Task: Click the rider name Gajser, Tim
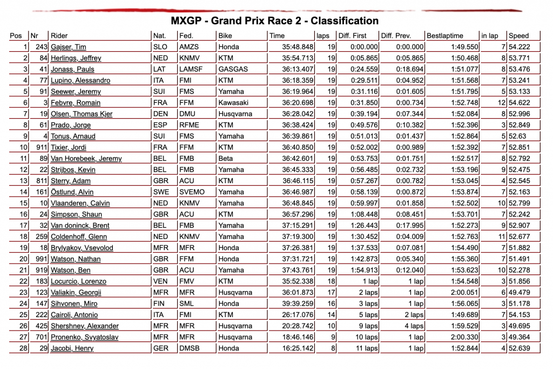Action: tap(68, 47)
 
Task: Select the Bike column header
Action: tap(225, 36)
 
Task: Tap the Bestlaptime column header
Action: tap(445, 36)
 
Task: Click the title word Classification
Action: tap(344, 21)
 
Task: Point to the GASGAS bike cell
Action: tap(233, 69)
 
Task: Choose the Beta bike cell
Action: tap(226, 159)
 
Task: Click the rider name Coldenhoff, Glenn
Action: tap(79, 237)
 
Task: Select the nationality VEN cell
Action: tap(160, 281)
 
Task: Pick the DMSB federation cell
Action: tap(190, 348)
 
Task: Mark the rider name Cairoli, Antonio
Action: tap(75, 315)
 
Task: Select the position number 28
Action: tap(23, 348)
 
